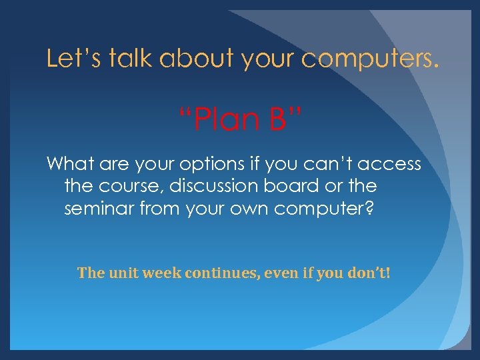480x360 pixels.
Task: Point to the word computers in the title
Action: point(371,59)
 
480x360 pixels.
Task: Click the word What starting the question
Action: point(70,163)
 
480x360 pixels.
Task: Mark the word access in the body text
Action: point(393,163)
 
